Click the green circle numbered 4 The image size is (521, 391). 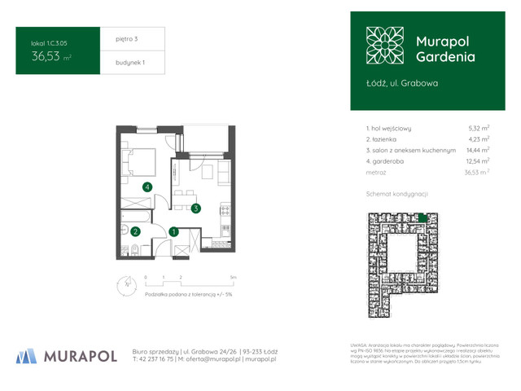tap(147, 187)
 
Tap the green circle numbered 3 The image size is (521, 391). tap(197, 209)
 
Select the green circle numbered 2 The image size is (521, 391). tap(135, 231)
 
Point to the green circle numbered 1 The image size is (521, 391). tap(174, 231)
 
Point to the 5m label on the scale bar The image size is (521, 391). tap(234, 278)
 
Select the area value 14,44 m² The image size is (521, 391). tap(477, 151)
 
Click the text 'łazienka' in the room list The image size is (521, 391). tap(390, 139)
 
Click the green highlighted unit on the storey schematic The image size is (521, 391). tap(422, 216)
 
